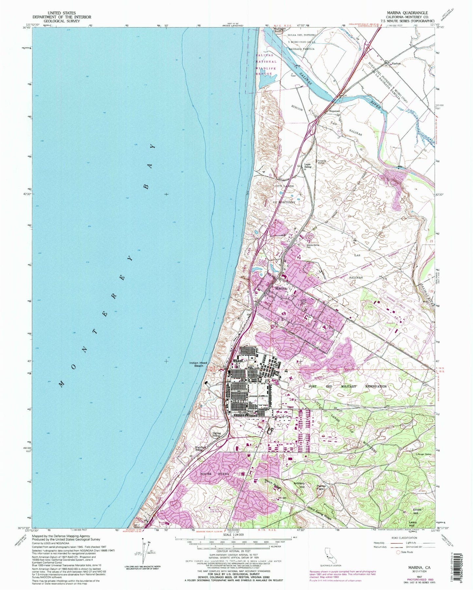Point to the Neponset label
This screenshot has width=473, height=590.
tap(335, 111)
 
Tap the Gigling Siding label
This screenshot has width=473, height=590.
tap(217, 435)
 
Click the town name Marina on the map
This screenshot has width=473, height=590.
tap(281, 288)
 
